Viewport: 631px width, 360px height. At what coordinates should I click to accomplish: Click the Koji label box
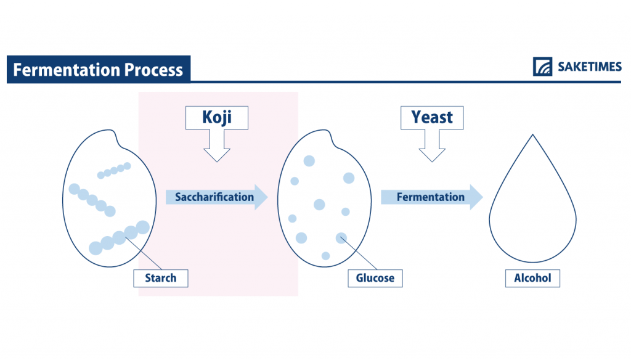pyautogui.click(x=216, y=117)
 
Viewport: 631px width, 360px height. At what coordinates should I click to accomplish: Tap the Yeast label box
pyautogui.click(x=431, y=117)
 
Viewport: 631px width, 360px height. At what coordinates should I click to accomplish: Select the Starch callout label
pyautogui.click(x=160, y=278)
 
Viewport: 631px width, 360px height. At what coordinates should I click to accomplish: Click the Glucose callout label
pyautogui.click(x=375, y=278)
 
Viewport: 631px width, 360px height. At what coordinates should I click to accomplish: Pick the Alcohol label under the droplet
pyautogui.click(x=532, y=278)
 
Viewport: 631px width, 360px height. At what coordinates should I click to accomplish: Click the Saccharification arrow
pyautogui.click(x=216, y=197)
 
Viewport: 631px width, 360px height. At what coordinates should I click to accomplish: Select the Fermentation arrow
pyautogui.click(x=431, y=197)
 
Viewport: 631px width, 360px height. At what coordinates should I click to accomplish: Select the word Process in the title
pyautogui.click(x=154, y=70)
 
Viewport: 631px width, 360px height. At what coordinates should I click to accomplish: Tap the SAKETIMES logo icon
pyautogui.click(x=542, y=67)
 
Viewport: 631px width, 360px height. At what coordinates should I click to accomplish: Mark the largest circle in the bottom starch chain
pyautogui.click(x=142, y=227)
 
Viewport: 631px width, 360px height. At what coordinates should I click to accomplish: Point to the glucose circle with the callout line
pyautogui.click(x=341, y=238)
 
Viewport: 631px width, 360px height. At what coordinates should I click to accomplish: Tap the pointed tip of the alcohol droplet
pyautogui.click(x=532, y=136)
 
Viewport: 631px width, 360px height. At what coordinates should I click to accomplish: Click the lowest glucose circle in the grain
pyautogui.click(x=325, y=256)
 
